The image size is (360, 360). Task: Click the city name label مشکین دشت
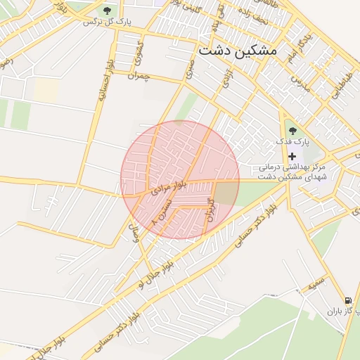pos(238,51)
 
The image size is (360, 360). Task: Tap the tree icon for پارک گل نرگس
pos(108,11)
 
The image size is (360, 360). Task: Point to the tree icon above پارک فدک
pos(292,130)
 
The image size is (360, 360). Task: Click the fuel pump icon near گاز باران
pos(349,299)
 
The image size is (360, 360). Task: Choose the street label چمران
pos(139,75)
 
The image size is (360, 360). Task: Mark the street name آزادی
pos(227,78)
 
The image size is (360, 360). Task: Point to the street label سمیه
pos(314,287)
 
